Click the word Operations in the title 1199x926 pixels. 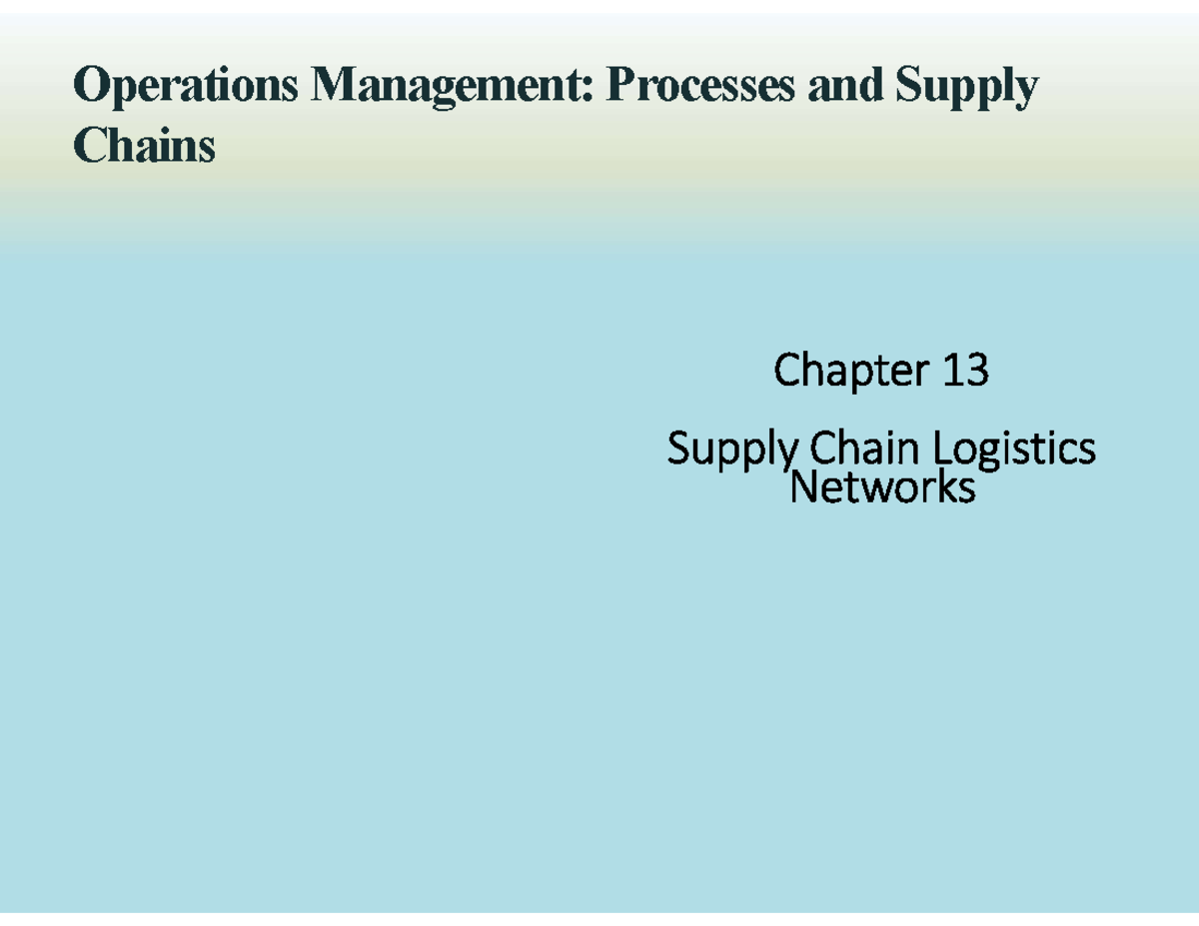click(186, 87)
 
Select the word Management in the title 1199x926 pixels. click(452, 87)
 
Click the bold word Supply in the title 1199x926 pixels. click(967, 87)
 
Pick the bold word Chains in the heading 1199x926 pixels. click(144, 144)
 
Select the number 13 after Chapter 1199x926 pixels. click(965, 369)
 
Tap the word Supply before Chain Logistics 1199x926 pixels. click(732, 451)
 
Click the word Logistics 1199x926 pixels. click(1014, 451)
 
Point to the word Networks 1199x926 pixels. click(883, 486)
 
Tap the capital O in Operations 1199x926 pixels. click(91, 84)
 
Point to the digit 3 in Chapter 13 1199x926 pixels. click(976, 369)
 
